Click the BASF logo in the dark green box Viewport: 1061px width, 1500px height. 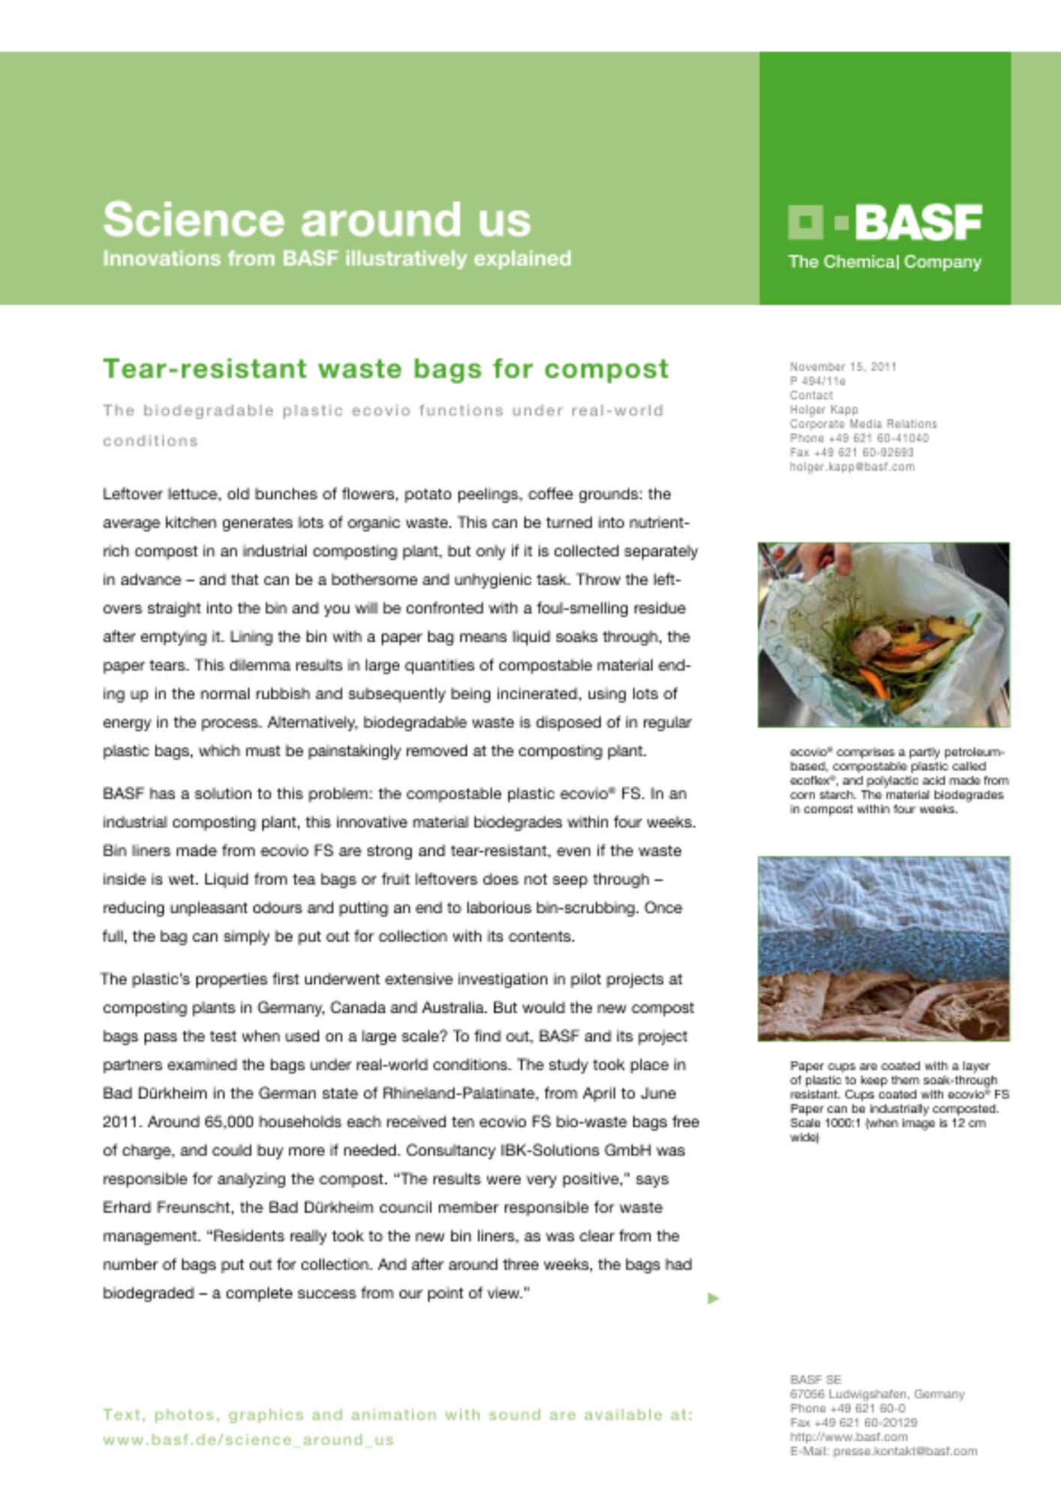(x=885, y=222)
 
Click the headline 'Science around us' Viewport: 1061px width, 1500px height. (x=317, y=220)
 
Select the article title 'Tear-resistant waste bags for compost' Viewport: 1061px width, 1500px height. (x=386, y=369)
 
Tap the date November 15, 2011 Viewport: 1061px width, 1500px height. (x=843, y=367)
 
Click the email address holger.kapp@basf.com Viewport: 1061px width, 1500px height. (x=852, y=466)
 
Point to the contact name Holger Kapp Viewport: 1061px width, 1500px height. (x=823, y=409)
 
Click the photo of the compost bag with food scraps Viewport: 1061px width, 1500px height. (x=883, y=634)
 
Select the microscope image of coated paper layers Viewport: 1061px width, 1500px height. (x=883, y=948)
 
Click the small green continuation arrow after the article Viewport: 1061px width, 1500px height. (x=713, y=1297)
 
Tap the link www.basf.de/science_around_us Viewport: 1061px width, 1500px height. (x=248, y=1439)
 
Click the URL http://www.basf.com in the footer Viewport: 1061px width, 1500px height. (x=848, y=1437)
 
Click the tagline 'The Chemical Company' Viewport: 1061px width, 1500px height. (x=885, y=262)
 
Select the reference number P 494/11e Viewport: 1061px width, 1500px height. (x=817, y=381)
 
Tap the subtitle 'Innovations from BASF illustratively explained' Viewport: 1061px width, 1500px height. (x=337, y=259)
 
